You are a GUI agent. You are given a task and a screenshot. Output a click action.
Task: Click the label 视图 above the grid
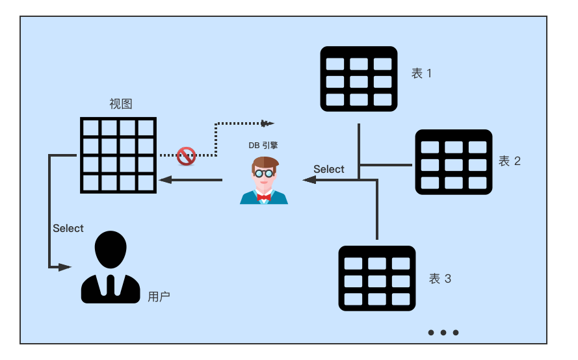121,104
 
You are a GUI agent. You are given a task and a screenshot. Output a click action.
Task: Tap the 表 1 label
421,73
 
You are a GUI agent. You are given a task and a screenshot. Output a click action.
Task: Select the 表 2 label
509,161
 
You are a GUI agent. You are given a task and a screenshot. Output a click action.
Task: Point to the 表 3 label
440,279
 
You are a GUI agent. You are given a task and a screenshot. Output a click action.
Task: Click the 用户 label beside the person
159,297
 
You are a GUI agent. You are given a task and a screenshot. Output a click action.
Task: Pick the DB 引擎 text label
263,146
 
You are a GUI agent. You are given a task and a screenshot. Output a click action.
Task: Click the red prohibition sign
187,156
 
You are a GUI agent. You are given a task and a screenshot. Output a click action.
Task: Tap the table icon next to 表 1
359,79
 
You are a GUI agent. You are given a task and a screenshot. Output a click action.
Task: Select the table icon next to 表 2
454,162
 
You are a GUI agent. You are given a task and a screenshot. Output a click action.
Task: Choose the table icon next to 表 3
377,278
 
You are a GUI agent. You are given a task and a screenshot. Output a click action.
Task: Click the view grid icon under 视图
118,155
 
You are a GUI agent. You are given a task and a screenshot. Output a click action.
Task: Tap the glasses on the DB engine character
263,174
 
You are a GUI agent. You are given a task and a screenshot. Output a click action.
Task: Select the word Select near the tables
329,170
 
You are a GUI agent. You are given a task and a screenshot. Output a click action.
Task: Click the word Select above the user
68,229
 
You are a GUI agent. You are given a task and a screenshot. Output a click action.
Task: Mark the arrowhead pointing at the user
64,267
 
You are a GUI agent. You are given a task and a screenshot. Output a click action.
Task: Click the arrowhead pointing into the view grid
165,180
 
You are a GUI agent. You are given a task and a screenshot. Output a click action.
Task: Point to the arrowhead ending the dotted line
267,123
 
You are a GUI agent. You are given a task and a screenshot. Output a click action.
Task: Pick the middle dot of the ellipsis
443,333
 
